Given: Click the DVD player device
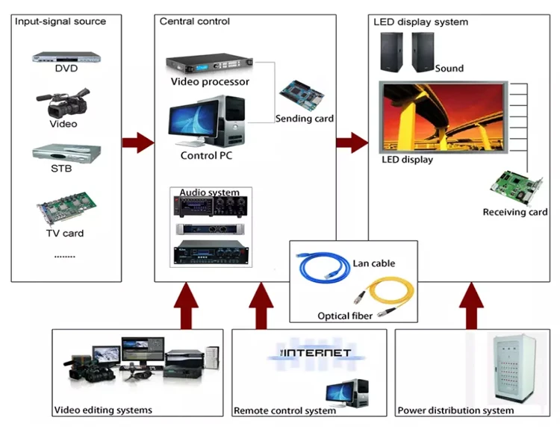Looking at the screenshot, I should [x=66, y=56].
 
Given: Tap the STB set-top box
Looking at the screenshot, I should [x=66, y=154].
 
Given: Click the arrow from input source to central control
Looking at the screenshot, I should [x=137, y=142].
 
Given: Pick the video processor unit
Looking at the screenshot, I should [x=210, y=64].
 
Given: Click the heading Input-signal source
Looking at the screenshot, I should [x=60, y=21].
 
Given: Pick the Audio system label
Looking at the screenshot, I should [x=209, y=192].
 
